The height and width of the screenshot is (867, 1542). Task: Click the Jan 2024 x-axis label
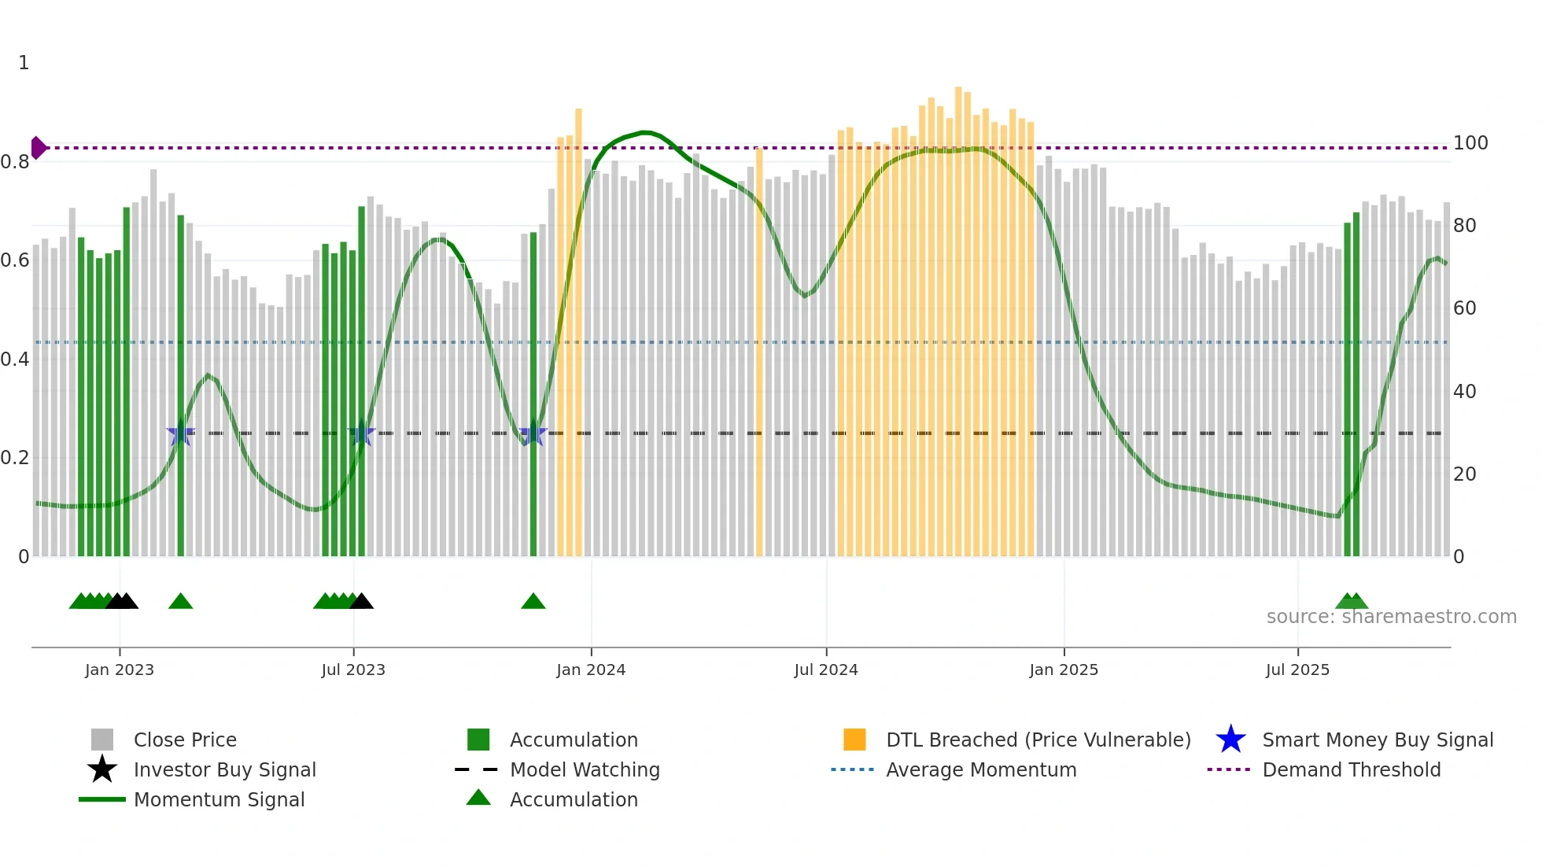coord(591,670)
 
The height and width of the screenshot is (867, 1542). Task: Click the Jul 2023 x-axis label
coord(353,670)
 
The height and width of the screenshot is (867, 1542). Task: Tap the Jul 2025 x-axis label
coord(1297,670)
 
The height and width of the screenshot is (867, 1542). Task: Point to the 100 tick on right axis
coord(1470,143)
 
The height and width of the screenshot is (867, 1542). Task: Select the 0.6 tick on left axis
coord(15,260)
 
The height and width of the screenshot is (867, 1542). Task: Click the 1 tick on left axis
coord(24,63)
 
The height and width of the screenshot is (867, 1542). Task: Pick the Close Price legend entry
coord(184,740)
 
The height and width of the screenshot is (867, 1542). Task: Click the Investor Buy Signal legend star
coord(102,769)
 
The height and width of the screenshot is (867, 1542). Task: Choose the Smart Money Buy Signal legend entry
coord(1377,740)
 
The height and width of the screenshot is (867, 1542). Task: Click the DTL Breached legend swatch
coord(854,740)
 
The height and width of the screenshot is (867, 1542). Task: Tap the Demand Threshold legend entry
coord(1351,769)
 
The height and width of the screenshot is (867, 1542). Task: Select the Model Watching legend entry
coord(584,769)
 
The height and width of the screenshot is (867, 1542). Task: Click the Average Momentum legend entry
coord(980,769)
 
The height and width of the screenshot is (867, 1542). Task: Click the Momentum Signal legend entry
coord(219,799)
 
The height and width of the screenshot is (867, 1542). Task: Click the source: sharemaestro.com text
coord(1391,617)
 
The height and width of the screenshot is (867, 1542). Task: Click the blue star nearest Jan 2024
coord(533,433)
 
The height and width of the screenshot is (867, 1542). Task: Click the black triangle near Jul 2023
coord(362,602)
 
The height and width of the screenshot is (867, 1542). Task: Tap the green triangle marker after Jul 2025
coord(1352,602)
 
